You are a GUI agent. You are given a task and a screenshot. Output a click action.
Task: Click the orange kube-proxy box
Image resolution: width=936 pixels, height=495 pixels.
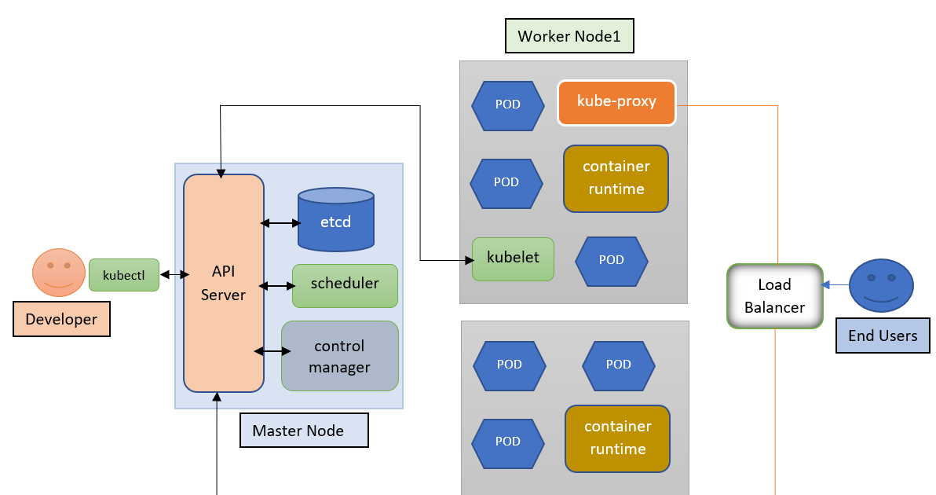[616, 102]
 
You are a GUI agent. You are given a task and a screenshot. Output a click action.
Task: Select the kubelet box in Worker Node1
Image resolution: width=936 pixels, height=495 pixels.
[513, 258]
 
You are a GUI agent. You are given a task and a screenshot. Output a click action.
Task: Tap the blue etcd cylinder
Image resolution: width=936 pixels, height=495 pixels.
[336, 221]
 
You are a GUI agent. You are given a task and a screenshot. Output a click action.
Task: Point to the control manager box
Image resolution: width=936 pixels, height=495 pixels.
[339, 356]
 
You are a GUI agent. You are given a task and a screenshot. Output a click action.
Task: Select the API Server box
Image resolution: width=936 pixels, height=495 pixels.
[224, 283]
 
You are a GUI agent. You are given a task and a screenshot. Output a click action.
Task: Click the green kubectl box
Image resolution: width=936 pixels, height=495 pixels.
[123, 275]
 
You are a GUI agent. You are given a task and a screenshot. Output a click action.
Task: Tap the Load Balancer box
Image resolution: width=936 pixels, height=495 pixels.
[774, 295]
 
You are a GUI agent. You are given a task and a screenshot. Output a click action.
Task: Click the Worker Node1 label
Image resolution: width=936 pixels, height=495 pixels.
[569, 36]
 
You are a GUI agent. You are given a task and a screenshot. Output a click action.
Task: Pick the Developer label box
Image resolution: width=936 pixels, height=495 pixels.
[61, 319]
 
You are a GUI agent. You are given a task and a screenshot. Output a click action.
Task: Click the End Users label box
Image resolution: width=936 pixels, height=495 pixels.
[883, 335]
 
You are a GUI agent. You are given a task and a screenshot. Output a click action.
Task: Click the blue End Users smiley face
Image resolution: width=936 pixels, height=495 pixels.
[881, 284]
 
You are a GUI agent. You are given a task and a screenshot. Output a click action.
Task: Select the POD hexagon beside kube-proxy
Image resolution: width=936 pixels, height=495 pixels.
[508, 104]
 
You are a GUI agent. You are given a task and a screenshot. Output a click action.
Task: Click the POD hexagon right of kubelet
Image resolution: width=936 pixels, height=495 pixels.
[611, 259]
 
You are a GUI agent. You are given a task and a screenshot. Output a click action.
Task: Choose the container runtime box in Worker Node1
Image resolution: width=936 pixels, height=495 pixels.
[616, 178]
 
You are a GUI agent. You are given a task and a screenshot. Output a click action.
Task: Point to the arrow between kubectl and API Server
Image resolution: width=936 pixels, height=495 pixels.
[174, 274]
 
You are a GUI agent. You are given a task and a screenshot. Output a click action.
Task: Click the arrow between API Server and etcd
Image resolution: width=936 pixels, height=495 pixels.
[280, 223]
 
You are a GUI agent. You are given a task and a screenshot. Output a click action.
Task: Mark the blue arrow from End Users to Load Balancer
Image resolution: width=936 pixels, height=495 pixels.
[835, 284]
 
